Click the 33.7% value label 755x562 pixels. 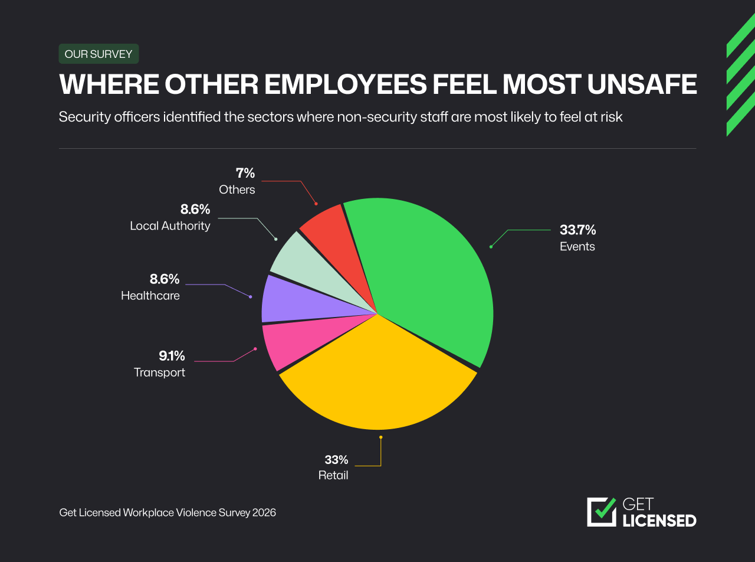[x=577, y=230]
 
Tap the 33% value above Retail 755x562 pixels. [x=336, y=460]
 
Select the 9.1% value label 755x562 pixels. [x=172, y=356]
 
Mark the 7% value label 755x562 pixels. [x=245, y=173]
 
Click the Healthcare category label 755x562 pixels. [x=150, y=296]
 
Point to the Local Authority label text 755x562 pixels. [x=170, y=226]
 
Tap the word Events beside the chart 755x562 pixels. [x=577, y=247]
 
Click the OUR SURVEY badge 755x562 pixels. [x=99, y=54]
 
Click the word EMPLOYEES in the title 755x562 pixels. [x=344, y=85]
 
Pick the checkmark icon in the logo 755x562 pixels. [x=602, y=511]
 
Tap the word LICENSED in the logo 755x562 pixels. [x=659, y=521]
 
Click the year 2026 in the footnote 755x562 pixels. [x=264, y=512]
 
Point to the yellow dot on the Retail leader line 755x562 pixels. [x=381, y=437]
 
